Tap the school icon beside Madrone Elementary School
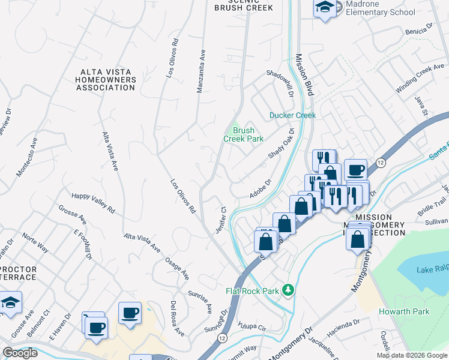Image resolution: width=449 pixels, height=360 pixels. click(325, 8)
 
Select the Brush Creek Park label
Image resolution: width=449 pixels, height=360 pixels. click(244, 134)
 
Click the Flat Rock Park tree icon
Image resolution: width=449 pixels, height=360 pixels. click(289, 290)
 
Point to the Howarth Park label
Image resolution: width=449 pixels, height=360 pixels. click(404, 312)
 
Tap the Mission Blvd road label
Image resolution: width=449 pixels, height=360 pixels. click(306, 76)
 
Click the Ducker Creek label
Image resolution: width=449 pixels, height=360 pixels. click(292, 115)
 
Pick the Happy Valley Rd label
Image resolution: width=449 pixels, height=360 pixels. click(93, 200)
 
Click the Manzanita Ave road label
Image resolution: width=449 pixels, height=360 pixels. click(201, 71)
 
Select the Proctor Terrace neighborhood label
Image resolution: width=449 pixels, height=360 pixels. click(18, 274)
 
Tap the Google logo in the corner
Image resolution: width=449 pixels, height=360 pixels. click(20, 353)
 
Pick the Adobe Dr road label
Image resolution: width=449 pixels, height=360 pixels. click(261, 189)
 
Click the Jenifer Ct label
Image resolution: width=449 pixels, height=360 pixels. click(220, 221)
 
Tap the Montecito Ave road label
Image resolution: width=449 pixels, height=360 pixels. click(27, 157)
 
